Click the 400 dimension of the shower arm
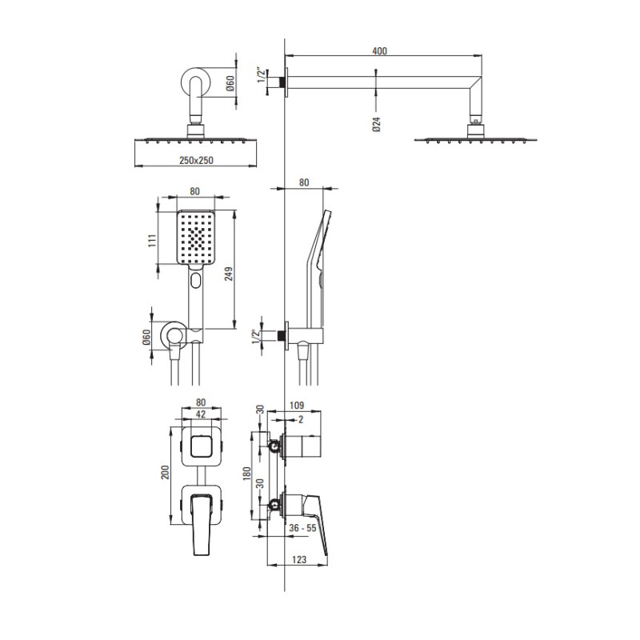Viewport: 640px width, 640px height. click(x=379, y=51)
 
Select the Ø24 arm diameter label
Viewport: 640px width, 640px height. click(x=376, y=124)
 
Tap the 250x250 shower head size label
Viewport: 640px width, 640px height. click(x=196, y=160)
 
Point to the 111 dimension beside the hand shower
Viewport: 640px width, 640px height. click(x=152, y=241)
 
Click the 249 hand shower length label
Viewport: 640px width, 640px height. click(x=229, y=274)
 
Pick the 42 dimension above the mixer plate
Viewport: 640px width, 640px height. click(x=201, y=414)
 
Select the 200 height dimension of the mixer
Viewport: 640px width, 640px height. click(x=165, y=472)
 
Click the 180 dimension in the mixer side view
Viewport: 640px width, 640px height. click(x=247, y=473)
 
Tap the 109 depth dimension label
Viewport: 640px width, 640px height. click(x=297, y=406)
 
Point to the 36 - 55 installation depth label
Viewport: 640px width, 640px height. click(x=302, y=528)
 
